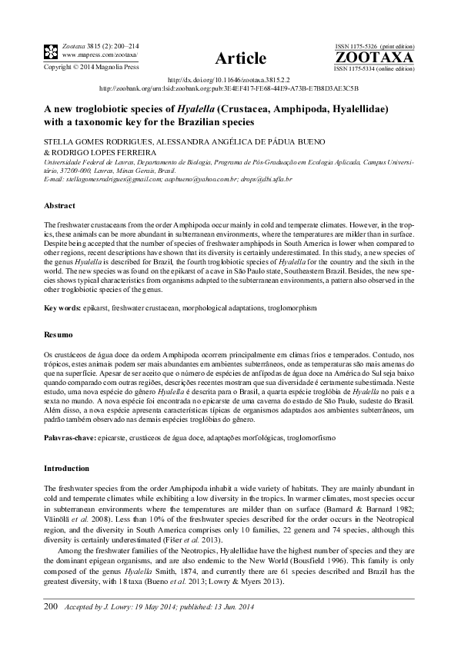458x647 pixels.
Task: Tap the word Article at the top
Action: click(241, 58)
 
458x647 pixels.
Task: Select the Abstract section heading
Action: click(59, 206)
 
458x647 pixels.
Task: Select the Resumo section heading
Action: click(59, 335)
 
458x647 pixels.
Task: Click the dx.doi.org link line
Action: click(229, 80)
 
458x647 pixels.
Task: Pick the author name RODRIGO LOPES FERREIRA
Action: click(104, 152)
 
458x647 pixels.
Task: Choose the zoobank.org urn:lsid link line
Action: click(229, 88)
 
